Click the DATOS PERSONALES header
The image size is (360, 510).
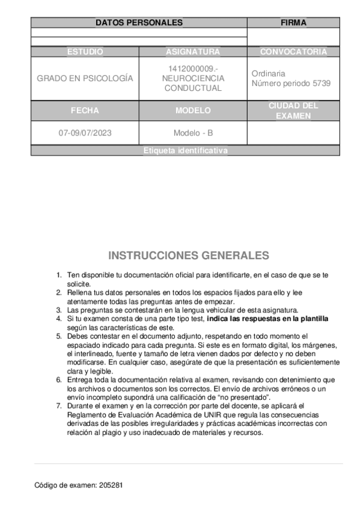[139, 23]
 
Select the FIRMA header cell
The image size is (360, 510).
[293, 23]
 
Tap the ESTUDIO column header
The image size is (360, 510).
[85, 52]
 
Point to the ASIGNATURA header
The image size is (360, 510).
[193, 52]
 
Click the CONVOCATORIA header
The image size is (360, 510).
[293, 52]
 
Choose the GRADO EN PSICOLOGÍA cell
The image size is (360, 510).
[85, 79]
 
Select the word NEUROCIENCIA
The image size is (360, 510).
[193, 79]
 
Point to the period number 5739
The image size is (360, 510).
[321, 84]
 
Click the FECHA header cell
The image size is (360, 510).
[85, 111]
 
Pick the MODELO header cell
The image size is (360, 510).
[193, 111]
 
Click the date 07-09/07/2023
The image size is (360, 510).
[85, 134]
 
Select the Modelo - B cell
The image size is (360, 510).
[193, 134]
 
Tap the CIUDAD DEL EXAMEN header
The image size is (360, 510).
[293, 111]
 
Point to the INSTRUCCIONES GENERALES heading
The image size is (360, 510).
[189, 256]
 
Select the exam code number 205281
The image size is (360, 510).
[112, 484]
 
